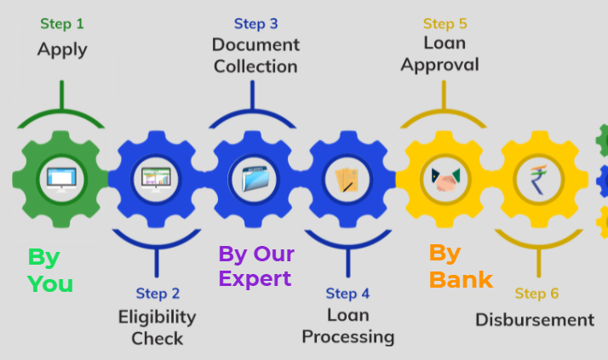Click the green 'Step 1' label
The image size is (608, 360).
click(62, 24)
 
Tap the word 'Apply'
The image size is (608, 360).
click(62, 49)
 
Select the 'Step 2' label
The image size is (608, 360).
click(158, 294)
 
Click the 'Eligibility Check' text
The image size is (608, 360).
click(158, 328)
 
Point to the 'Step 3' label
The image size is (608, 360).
click(255, 23)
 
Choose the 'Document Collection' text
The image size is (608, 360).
click(255, 55)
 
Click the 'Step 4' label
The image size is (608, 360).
click(347, 294)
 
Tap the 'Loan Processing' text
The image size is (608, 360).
click(348, 326)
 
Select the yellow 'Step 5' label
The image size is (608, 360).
click(445, 23)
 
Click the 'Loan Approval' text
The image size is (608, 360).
click(440, 54)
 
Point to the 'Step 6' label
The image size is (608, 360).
click(536, 294)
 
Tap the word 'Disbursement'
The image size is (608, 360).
click(535, 320)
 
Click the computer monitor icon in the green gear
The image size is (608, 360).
click(61, 179)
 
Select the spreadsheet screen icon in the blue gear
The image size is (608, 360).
click(156, 179)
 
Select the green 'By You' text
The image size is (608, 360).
click(49, 270)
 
